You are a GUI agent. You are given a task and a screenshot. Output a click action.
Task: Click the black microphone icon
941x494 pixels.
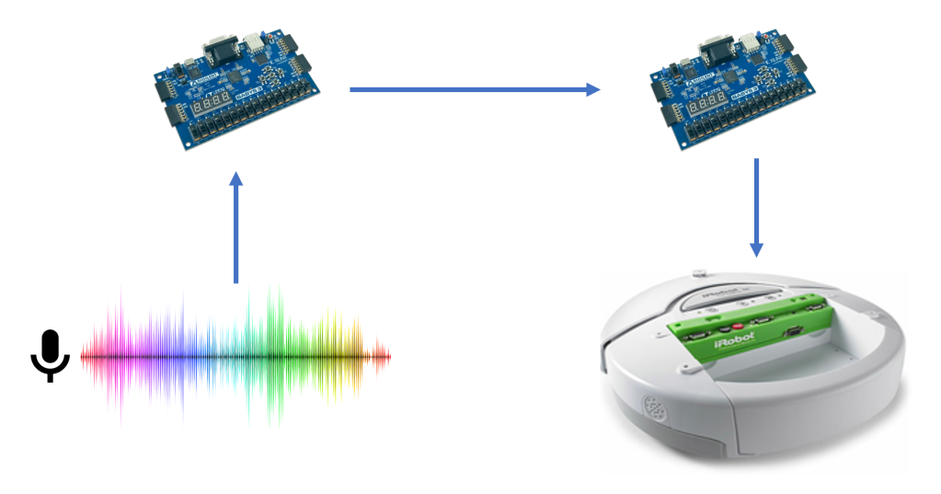pyautogui.click(x=50, y=355)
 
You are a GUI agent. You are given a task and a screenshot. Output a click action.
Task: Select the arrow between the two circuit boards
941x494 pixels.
pyautogui.click(x=474, y=89)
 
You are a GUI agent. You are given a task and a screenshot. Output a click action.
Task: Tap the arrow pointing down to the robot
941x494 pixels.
pyautogui.click(x=756, y=207)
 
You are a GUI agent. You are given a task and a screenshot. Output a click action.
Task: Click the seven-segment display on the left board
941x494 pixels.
pyautogui.click(x=211, y=108)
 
